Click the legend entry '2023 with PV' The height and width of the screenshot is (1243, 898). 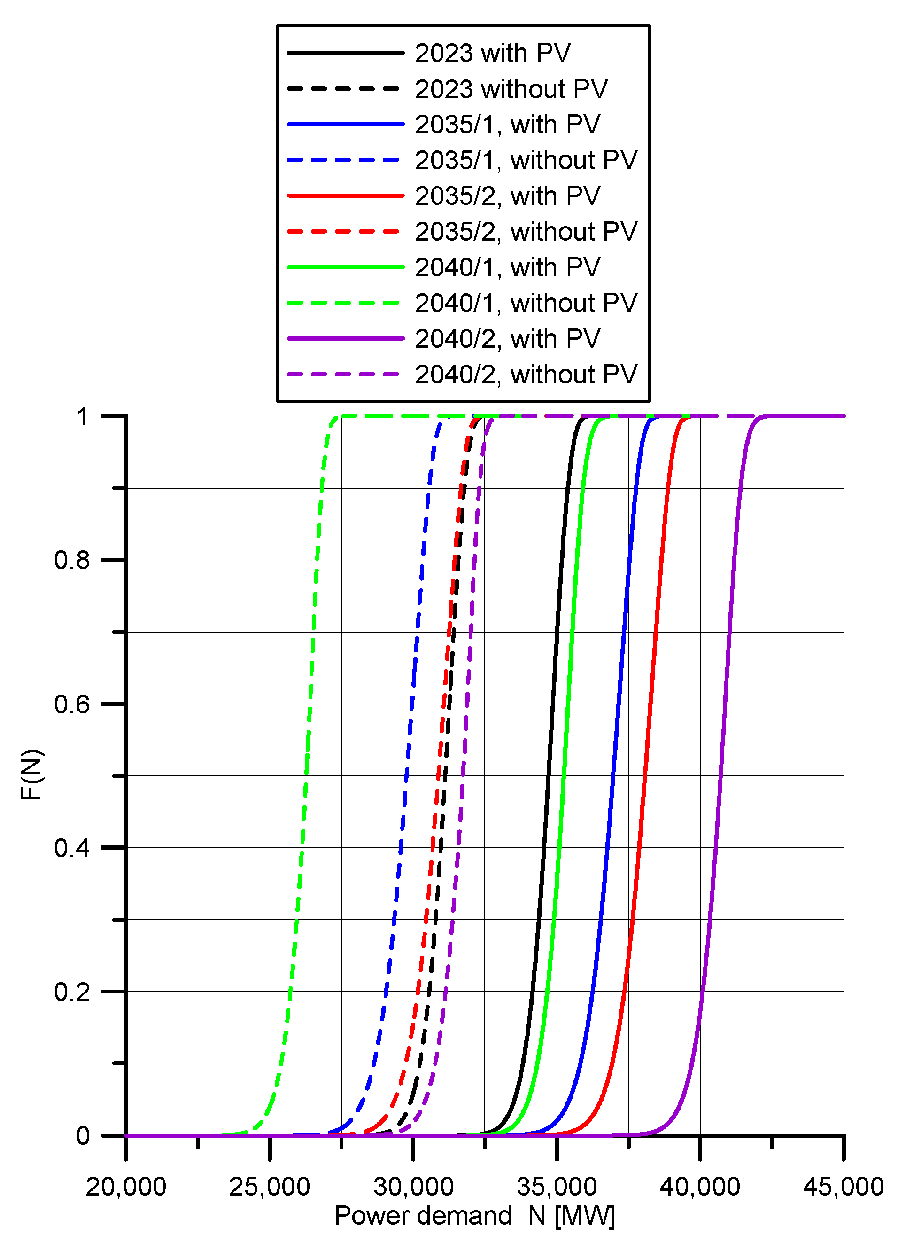[492, 53]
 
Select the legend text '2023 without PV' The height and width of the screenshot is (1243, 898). [511, 89]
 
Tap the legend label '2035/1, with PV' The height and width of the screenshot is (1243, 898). [507, 125]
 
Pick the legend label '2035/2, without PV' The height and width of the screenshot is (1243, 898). [526, 231]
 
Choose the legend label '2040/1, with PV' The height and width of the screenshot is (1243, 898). [507, 267]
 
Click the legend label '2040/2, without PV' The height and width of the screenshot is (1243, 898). [526, 375]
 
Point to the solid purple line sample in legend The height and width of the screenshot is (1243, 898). [345, 339]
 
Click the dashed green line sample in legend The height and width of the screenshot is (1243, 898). [345, 303]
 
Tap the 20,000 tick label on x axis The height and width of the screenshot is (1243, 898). [126, 1187]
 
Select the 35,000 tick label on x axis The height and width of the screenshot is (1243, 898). [556, 1187]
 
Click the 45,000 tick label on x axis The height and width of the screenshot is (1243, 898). [843, 1187]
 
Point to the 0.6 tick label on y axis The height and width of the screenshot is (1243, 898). [72, 704]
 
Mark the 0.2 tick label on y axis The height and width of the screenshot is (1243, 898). [72, 992]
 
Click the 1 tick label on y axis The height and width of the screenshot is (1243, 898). [82, 417]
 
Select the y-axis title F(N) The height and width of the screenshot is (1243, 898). [31, 775]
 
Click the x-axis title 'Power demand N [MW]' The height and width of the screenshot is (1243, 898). [474, 1216]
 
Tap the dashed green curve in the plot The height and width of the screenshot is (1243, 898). [306, 775]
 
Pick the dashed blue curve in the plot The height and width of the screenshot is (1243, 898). [407, 775]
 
